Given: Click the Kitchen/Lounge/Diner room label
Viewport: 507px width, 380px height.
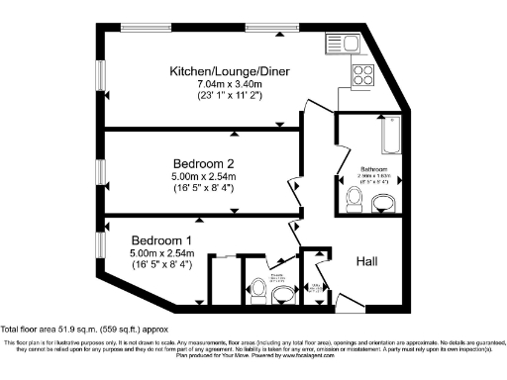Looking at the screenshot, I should pos(231,72).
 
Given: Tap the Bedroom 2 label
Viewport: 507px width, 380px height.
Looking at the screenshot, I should pos(204,162).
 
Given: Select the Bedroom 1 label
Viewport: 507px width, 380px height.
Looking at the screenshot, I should pos(163,240).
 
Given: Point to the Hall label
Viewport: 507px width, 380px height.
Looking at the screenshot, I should pos(371,261).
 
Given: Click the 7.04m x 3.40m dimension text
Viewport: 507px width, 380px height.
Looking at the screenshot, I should pos(231,86).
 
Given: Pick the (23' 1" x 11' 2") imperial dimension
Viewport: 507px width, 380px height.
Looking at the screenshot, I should pos(231,98).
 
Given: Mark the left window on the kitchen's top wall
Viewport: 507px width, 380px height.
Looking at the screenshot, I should pos(145,25).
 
